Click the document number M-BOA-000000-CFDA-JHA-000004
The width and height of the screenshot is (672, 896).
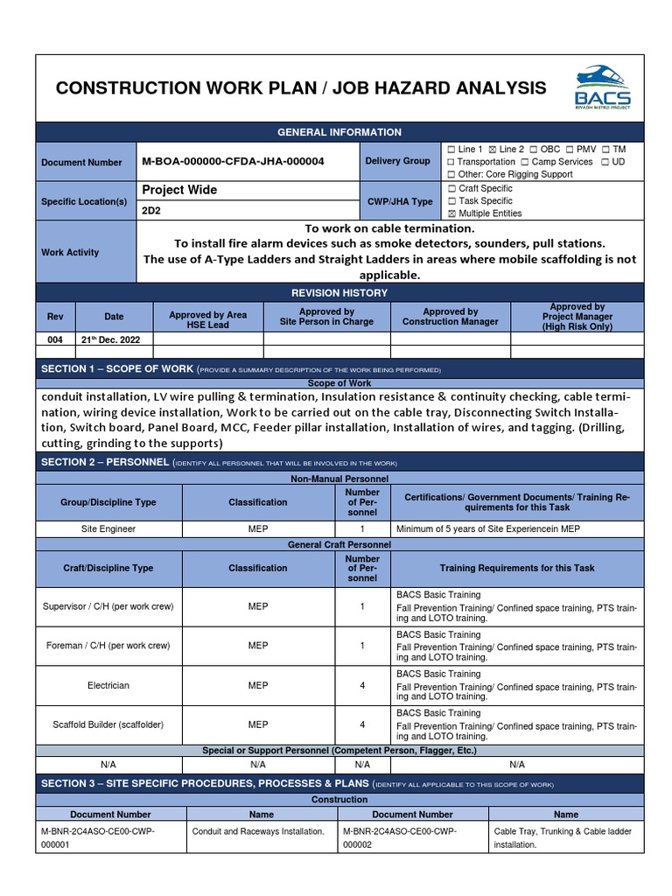click(233, 162)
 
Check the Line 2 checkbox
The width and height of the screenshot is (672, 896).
click(492, 150)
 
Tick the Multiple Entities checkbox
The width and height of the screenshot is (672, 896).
click(451, 213)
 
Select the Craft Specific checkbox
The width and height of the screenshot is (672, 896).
click(451, 189)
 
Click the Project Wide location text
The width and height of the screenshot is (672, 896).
click(179, 190)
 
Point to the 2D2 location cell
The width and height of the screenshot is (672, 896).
click(151, 211)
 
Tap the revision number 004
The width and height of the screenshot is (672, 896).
click(55, 339)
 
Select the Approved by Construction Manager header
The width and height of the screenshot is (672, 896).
click(450, 317)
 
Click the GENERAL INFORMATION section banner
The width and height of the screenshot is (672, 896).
click(339, 132)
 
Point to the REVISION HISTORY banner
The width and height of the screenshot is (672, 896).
click(339, 292)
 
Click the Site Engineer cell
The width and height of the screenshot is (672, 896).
click(108, 529)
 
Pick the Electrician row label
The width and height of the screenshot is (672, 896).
click(108, 685)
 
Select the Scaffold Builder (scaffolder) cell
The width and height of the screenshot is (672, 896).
click(108, 724)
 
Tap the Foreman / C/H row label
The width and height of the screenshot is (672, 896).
click(108, 646)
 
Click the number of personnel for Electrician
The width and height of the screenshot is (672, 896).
click(362, 685)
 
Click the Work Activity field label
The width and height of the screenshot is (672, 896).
click(70, 252)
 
